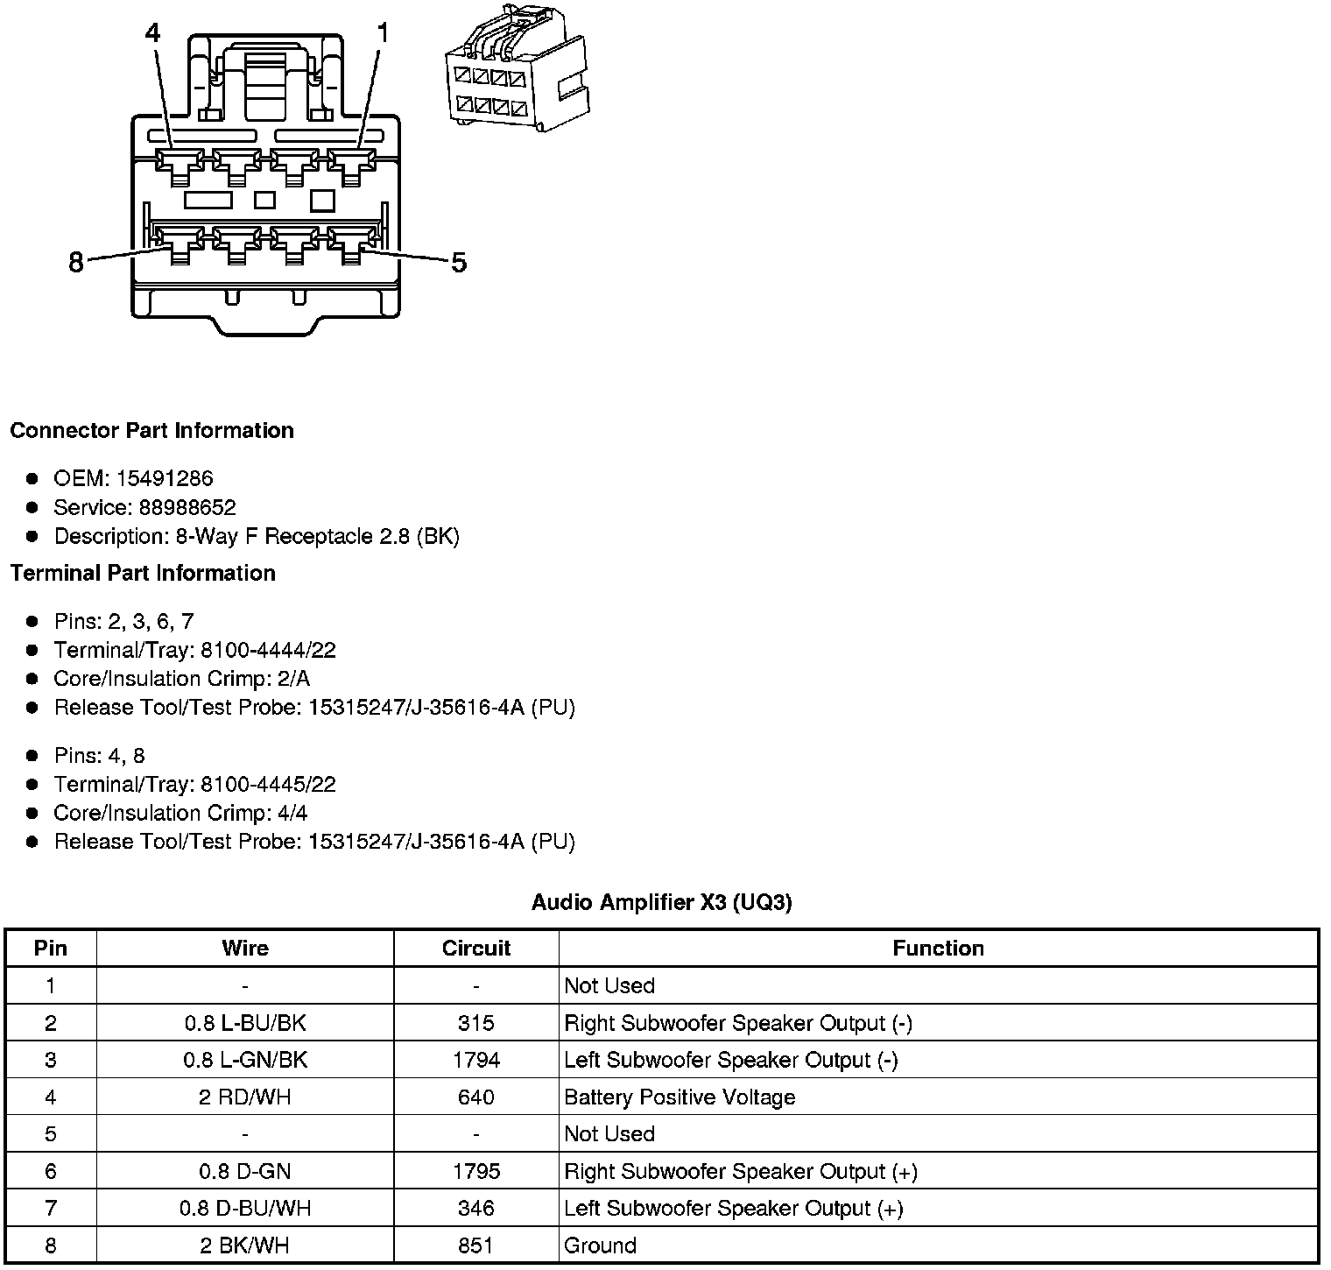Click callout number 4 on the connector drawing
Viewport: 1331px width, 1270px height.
click(x=152, y=34)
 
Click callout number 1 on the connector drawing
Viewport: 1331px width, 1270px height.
click(x=382, y=34)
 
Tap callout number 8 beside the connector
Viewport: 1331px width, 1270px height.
click(x=76, y=262)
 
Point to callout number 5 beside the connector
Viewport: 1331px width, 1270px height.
click(x=459, y=262)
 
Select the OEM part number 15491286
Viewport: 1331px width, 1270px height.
click(x=165, y=478)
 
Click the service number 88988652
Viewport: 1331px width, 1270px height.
click(x=187, y=507)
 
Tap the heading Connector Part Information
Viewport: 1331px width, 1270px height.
click(x=151, y=430)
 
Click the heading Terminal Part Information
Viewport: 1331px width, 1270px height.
click(x=143, y=573)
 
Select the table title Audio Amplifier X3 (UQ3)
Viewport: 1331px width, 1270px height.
click(x=661, y=902)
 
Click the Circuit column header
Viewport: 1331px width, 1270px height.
click(x=475, y=948)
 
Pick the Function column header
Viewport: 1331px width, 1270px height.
click(x=938, y=948)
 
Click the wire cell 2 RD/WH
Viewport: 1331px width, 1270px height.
click(x=244, y=1097)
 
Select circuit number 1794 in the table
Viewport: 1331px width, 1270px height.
click(x=475, y=1060)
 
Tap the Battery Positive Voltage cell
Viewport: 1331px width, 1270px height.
click(x=680, y=1097)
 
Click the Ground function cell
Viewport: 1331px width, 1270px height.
click(x=600, y=1245)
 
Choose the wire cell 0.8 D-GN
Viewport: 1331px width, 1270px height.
click(x=244, y=1171)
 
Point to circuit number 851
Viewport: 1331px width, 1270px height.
click(x=475, y=1245)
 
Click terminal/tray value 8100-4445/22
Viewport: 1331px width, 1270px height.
click(x=268, y=784)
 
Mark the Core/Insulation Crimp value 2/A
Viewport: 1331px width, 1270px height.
click(x=292, y=679)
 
